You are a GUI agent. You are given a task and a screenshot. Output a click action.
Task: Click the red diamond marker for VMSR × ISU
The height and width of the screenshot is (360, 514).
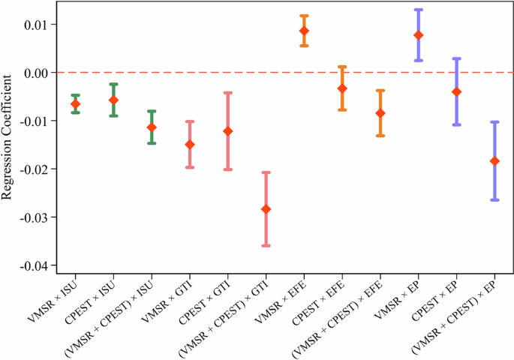pyautogui.click(x=75, y=103)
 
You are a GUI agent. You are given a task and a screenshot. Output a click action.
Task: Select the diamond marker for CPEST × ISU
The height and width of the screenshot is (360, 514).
pyautogui.click(x=113, y=100)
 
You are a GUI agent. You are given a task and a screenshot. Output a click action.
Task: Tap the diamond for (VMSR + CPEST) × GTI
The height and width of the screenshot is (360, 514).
pyautogui.click(x=266, y=208)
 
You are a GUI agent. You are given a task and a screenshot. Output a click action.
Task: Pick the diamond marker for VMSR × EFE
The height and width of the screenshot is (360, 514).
pyautogui.click(x=304, y=31)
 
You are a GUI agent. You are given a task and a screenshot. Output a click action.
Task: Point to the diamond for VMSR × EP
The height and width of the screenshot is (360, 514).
pyautogui.click(x=418, y=35)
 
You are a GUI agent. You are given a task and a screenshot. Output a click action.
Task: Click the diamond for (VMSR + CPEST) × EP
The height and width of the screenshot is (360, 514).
pyautogui.click(x=494, y=161)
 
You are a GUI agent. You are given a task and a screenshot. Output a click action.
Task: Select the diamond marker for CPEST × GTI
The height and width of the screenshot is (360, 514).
pyautogui.click(x=227, y=131)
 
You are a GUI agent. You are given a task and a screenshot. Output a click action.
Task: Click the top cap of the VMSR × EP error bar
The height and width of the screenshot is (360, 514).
pyautogui.click(x=418, y=10)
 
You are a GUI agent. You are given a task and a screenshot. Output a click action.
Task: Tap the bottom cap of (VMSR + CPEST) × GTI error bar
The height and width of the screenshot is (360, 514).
pyautogui.click(x=266, y=245)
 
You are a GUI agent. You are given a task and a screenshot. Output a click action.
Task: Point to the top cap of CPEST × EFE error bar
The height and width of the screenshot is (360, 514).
pyautogui.click(x=342, y=67)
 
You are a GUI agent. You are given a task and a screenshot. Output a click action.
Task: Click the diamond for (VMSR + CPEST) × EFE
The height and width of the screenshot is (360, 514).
pyautogui.click(x=380, y=113)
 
